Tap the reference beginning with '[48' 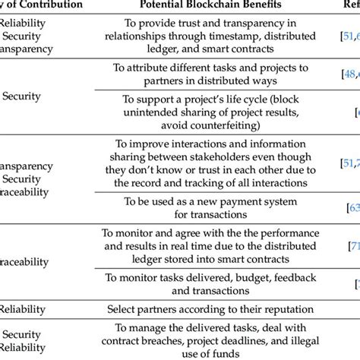(348, 74)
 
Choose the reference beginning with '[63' (352, 207)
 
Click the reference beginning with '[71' (353, 248)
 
